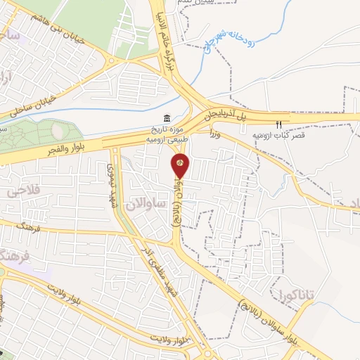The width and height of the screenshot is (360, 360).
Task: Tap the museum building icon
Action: pyautogui.click(x=165, y=117)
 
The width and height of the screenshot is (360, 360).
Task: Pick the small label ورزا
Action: pyautogui.click(x=214, y=132)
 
